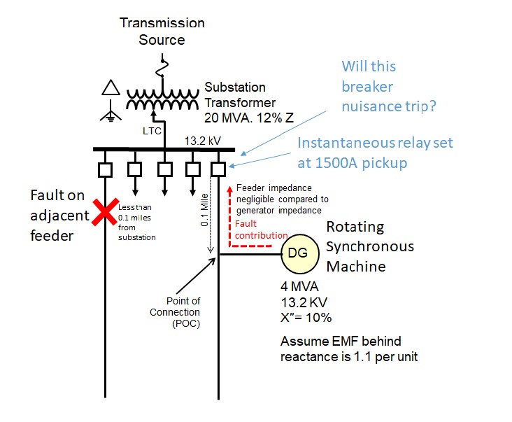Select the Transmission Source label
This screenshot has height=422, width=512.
[162, 31]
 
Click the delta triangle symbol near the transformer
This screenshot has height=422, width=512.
[111, 88]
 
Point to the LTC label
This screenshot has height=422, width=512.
[152, 131]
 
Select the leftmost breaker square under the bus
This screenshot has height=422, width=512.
[105, 169]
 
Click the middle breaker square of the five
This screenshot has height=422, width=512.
[164, 169]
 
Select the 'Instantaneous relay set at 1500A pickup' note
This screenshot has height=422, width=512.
[375, 152]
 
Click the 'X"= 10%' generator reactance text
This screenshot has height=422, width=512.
[306, 317]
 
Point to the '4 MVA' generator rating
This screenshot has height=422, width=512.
[301, 286]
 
